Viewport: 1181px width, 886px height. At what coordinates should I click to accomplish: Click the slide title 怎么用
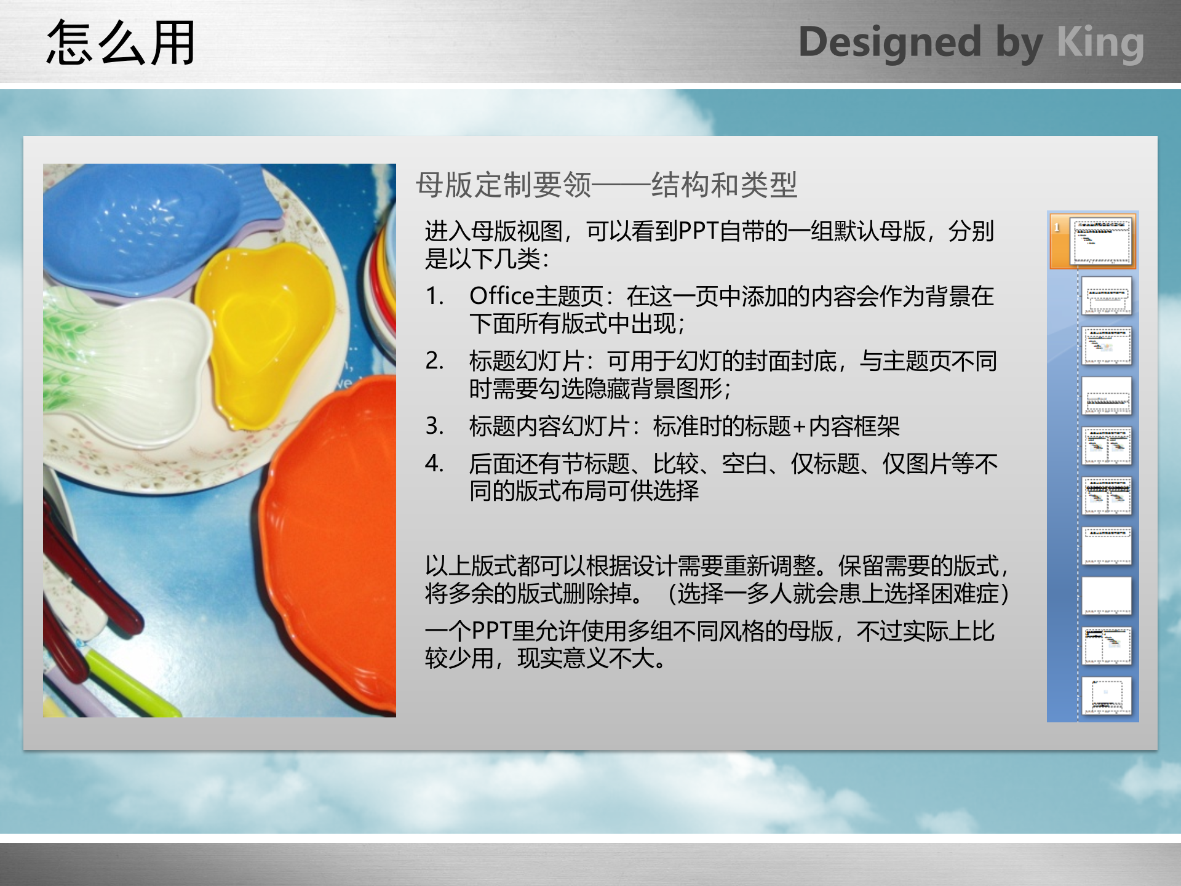coord(121,43)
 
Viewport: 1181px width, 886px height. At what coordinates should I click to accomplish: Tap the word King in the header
coord(1100,43)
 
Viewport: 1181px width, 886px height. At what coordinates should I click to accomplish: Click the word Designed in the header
coord(889,43)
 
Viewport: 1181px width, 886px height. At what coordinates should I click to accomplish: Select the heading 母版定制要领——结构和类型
coord(606,185)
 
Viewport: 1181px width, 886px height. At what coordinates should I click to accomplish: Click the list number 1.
coord(434,297)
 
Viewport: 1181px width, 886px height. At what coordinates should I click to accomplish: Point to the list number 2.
coord(434,361)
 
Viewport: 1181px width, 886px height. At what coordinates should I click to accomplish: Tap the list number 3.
coord(434,426)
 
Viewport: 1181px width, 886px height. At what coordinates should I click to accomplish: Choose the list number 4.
coord(434,464)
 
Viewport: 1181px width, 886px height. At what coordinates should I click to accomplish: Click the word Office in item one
coord(501,297)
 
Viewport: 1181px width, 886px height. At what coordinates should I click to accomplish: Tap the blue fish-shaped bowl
coord(141,228)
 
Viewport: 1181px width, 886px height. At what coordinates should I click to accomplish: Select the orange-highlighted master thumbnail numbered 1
coord(1101,241)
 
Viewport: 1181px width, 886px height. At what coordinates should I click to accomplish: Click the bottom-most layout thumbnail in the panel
coord(1107,695)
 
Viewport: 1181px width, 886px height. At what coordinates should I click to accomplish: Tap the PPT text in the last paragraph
coord(491,631)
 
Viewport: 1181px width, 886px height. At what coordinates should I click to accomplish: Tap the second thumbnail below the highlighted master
coord(1107,346)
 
